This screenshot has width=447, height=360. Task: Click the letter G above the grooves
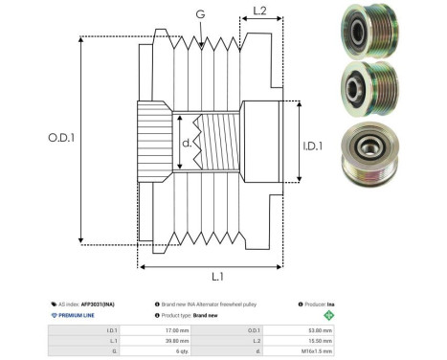point(199,13)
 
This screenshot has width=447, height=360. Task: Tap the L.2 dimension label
point(259,12)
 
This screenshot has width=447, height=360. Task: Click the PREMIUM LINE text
point(77,314)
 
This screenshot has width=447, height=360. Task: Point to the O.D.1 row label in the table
point(238,329)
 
